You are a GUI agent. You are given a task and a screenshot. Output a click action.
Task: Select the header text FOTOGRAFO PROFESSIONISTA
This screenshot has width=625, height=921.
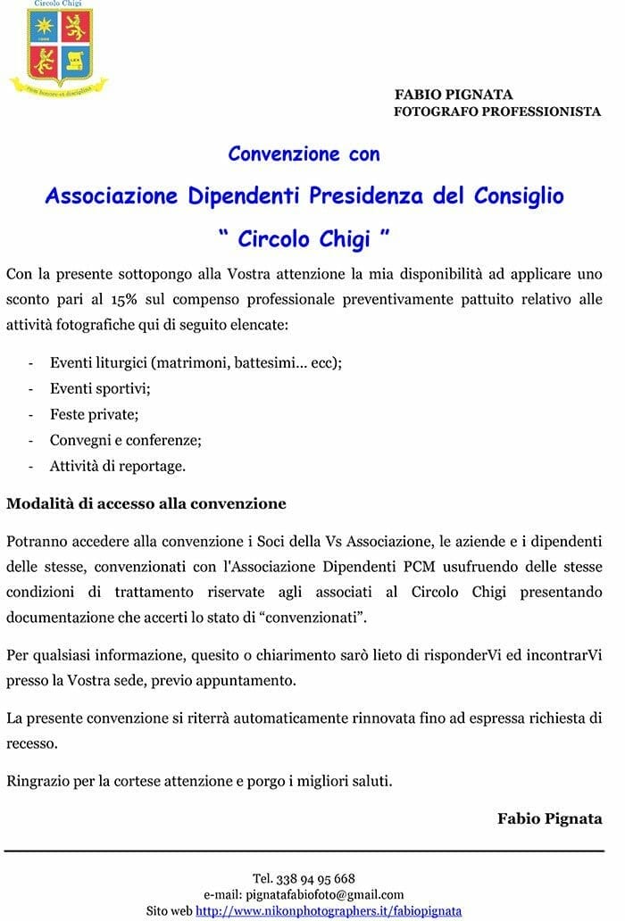click(497, 112)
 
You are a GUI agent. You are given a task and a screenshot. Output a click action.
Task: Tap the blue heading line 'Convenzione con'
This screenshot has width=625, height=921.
click(304, 153)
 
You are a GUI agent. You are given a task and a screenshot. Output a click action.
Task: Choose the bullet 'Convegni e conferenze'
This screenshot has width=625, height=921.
click(126, 440)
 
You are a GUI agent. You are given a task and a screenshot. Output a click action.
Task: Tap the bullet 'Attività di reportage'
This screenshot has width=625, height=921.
click(118, 466)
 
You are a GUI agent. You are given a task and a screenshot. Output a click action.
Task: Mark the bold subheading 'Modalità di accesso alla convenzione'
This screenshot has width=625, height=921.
click(146, 503)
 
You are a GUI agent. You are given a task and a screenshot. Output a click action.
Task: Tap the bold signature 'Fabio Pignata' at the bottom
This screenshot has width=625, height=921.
click(549, 817)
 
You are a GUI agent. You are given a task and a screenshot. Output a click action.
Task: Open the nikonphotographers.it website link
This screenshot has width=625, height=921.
click(329, 910)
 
